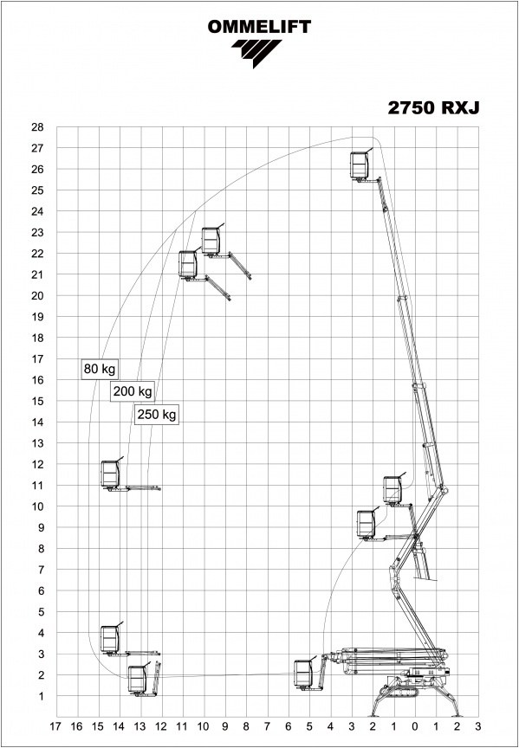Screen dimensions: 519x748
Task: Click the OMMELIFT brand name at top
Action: [259, 27]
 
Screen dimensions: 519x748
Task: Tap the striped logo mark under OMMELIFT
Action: [256, 53]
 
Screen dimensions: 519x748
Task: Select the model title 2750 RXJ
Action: [433, 108]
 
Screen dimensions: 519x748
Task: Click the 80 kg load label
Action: [100, 369]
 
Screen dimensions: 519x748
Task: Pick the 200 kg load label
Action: [133, 391]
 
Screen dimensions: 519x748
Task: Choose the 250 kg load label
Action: [157, 415]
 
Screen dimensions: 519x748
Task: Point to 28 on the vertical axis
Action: [37, 127]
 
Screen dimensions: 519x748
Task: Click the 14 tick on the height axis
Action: [37, 422]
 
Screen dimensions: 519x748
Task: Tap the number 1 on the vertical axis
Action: [41, 696]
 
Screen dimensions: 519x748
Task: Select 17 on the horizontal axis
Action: [55, 726]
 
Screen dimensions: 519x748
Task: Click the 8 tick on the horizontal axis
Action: [246, 726]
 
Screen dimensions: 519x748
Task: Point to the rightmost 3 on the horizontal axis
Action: [478, 726]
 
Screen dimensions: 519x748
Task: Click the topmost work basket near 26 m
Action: [360, 165]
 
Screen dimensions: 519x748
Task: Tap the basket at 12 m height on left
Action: [110, 474]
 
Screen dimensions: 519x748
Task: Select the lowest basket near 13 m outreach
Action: [138, 680]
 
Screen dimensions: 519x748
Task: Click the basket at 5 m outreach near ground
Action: [303, 674]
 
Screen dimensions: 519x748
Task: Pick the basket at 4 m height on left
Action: [110, 639]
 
